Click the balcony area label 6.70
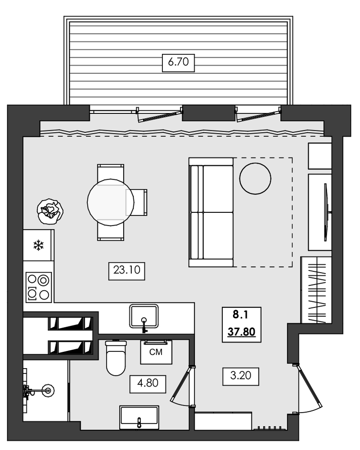click(178, 63)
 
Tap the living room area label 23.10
click(128, 271)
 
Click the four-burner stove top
click(38, 287)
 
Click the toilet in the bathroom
click(116, 358)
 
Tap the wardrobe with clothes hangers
click(316, 290)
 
